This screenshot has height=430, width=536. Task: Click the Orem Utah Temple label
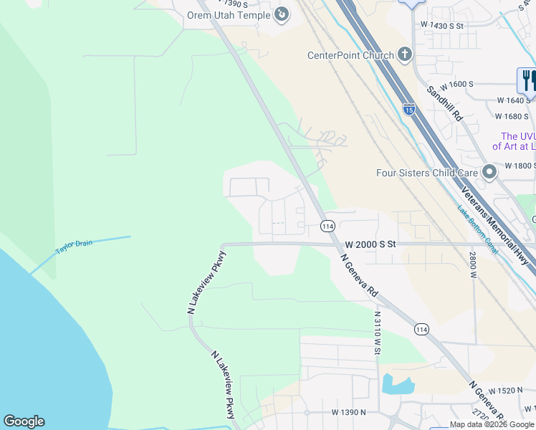click(228, 15)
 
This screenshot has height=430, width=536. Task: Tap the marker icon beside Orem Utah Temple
click(282, 14)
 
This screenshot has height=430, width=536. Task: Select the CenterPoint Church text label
click(350, 55)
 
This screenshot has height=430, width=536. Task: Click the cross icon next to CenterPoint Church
click(405, 54)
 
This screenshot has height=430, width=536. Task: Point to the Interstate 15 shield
click(408, 109)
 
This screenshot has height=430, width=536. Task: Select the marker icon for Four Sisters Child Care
click(490, 172)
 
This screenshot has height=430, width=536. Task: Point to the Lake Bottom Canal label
click(478, 229)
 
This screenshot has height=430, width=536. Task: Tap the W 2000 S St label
click(370, 244)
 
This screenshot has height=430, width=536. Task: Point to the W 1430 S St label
click(443, 25)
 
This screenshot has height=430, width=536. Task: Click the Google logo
click(24, 421)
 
